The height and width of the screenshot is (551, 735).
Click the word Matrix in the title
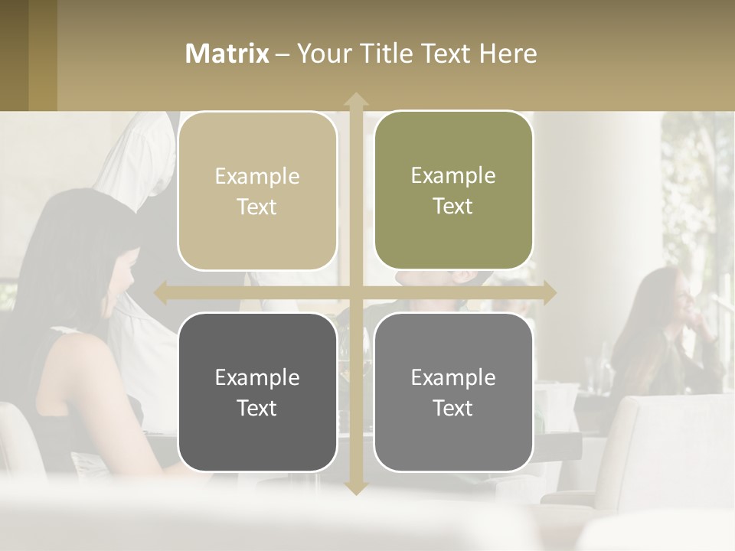pyautogui.click(x=227, y=54)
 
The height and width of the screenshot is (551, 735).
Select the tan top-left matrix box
pyautogui.click(x=257, y=191)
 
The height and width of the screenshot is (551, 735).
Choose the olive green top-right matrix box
pyautogui.click(x=453, y=191)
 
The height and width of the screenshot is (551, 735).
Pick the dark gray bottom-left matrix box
pyautogui.click(x=257, y=392)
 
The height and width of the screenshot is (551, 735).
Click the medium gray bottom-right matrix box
pyautogui.click(x=453, y=392)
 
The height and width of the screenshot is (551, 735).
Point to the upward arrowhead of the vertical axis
pyautogui.click(x=355, y=99)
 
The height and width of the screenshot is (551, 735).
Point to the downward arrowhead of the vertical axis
pyautogui.click(x=355, y=487)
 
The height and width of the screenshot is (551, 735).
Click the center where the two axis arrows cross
pyautogui.click(x=355, y=292)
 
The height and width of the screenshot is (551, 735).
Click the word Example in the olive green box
pyautogui.click(x=453, y=176)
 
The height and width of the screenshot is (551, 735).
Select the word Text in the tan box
pyautogui.click(x=257, y=207)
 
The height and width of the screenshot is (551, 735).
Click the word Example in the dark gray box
pyautogui.click(x=257, y=377)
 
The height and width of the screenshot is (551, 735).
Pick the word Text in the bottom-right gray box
pyautogui.click(x=453, y=409)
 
